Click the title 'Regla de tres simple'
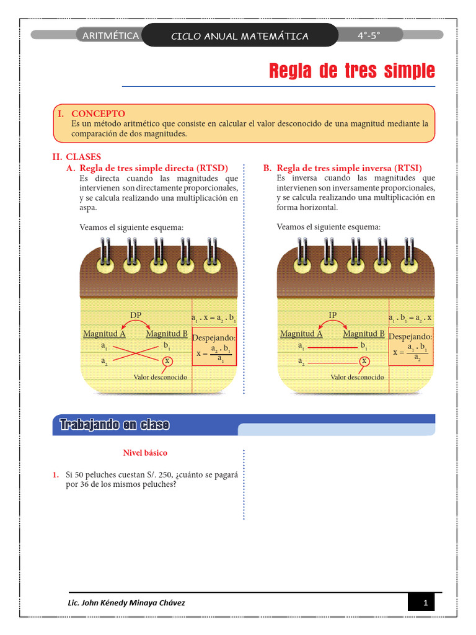[351, 71]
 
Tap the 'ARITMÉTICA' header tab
[110, 36]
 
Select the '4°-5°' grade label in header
[369, 36]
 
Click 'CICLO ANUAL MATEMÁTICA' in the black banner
[239, 36]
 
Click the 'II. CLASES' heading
[77, 157]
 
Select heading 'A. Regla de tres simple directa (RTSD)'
[147, 168]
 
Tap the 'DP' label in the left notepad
[136, 315]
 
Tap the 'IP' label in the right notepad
[333, 315]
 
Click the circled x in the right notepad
[364, 361]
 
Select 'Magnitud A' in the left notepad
[105, 334]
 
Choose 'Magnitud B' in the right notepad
[364, 334]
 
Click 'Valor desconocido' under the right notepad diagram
[357, 377]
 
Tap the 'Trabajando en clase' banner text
[115, 425]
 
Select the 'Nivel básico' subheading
[145, 453]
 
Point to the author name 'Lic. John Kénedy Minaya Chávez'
[126, 603]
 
